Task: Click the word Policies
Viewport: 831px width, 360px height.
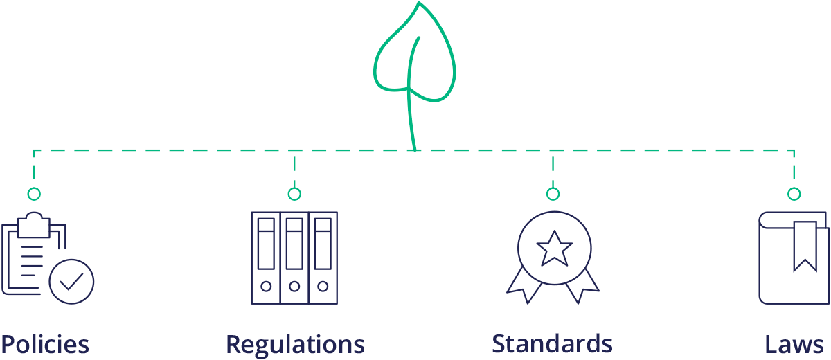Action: [45, 344]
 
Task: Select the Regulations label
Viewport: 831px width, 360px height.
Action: [295, 344]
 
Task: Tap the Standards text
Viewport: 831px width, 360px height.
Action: [552, 343]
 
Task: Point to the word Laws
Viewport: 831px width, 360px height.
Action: [794, 344]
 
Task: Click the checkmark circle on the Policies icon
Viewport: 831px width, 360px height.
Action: [72, 281]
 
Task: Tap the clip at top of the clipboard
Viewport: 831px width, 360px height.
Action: [34, 223]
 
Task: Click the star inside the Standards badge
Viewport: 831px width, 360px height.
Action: [554, 248]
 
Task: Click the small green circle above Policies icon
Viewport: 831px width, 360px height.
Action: [34, 194]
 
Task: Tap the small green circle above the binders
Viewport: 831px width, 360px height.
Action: [294, 194]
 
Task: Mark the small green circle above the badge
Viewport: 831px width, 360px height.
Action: [553, 194]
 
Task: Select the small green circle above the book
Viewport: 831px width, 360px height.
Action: [794, 194]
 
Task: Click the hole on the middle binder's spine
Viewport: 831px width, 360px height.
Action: [294, 286]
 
